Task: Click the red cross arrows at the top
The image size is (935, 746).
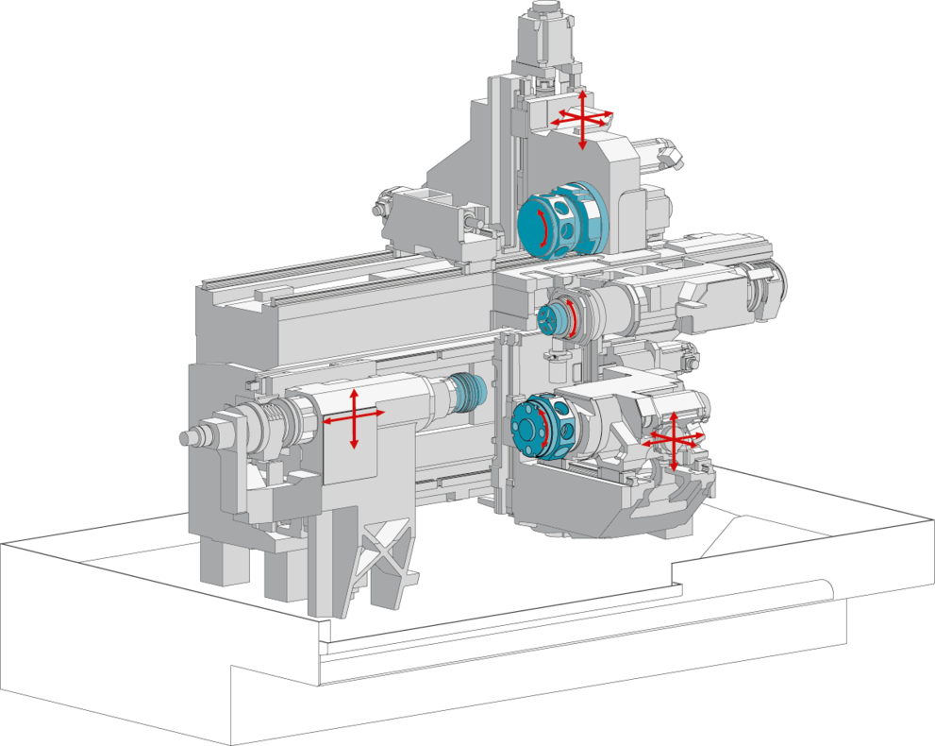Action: click(x=583, y=117)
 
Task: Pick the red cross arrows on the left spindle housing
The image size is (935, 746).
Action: click(x=354, y=415)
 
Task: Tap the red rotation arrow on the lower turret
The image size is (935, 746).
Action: click(x=543, y=431)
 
